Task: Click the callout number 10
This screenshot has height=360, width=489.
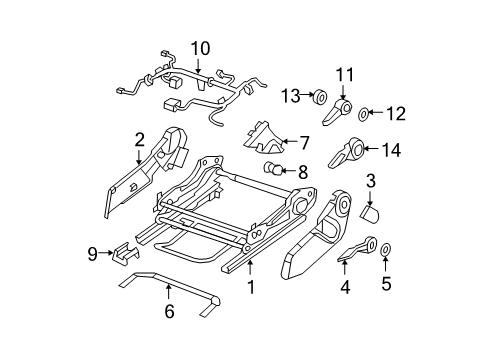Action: point(201,47)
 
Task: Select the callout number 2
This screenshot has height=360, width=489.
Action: point(140,140)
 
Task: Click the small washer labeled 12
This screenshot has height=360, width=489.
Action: point(365,114)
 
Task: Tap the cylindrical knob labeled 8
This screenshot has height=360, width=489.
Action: point(273,169)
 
